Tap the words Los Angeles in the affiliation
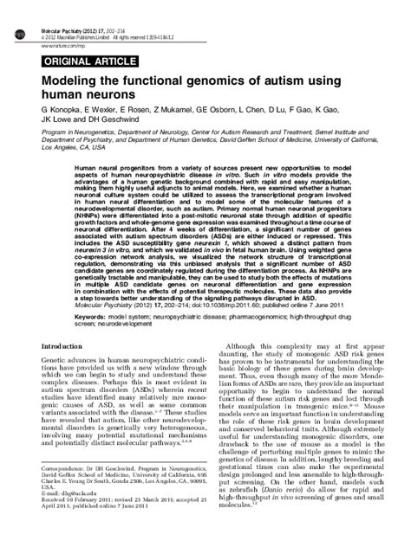pos(61,147)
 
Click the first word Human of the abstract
pos(88,167)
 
